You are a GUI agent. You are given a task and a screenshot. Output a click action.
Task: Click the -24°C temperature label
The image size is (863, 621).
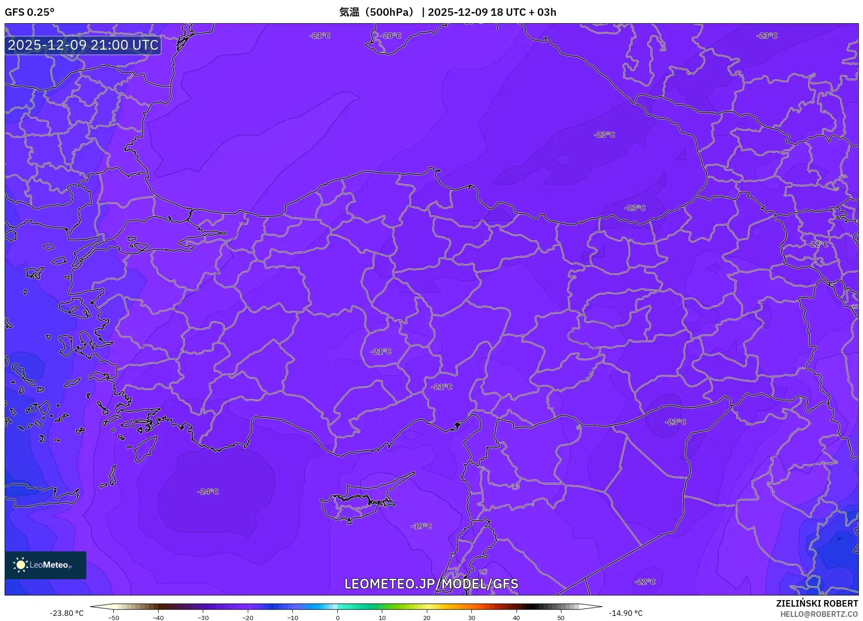tap(208, 492)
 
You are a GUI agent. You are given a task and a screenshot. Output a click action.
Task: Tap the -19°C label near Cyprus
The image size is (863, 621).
tap(421, 526)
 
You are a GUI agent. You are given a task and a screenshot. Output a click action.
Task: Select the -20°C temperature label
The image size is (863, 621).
tap(391, 36)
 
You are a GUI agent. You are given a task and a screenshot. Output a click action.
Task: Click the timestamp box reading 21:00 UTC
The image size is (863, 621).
tap(83, 45)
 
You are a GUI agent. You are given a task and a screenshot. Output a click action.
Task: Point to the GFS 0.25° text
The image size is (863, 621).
tap(30, 12)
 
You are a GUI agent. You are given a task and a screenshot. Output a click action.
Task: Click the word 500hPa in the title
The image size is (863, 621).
tap(389, 12)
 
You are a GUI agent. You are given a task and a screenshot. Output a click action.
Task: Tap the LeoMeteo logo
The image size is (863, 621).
tap(45, 565)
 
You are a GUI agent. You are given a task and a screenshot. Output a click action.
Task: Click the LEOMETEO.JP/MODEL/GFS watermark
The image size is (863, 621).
tap(431, 584)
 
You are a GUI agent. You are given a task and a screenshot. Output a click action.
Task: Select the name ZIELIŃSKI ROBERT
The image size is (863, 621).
tap(817, 603)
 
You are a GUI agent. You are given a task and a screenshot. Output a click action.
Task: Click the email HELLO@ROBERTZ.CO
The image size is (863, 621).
tap(819, 614)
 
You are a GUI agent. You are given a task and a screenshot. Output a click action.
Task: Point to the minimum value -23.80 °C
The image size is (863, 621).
tap(67, 613)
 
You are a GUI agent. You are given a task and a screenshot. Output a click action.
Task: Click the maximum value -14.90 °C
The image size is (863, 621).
tap(625, 613)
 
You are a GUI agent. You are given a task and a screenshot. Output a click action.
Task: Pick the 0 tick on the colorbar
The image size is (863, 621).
tap(338, 618)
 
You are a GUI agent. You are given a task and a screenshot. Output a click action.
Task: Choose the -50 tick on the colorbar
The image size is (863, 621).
tap(114, 618)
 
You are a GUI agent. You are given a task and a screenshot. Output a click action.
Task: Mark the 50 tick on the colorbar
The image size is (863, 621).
tap(561, 618)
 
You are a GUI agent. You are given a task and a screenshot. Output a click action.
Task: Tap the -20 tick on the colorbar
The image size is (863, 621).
tap(248, 618)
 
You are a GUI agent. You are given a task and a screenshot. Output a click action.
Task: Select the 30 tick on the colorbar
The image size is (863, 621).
tap(471, 618)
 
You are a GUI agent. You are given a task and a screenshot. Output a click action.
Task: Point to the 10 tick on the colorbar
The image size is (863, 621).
tap(382, 618)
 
